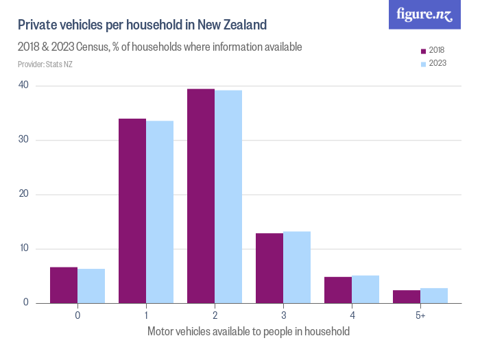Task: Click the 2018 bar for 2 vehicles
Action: point(201,196)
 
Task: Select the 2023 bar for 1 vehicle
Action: point(160,212)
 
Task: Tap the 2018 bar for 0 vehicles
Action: point(64,285)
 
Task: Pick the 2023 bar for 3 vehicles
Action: point(297,267)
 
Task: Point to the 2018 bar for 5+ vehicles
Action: point(407,297)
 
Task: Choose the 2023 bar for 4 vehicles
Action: point(365,289)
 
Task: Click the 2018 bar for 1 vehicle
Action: point(132,211)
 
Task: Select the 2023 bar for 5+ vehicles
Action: point(434,296)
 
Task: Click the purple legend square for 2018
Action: point(423,51)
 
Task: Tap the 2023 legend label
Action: point(437,63)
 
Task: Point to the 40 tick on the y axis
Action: point(23,85)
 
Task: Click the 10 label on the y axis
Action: point(24,248)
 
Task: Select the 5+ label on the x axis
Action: point(420,315)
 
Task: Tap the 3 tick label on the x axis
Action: point(283,315)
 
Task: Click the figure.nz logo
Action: point(424,14)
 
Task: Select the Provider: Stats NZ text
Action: point(45,64)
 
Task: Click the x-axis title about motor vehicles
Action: point(248,331)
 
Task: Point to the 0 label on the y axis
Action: point(26,302)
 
